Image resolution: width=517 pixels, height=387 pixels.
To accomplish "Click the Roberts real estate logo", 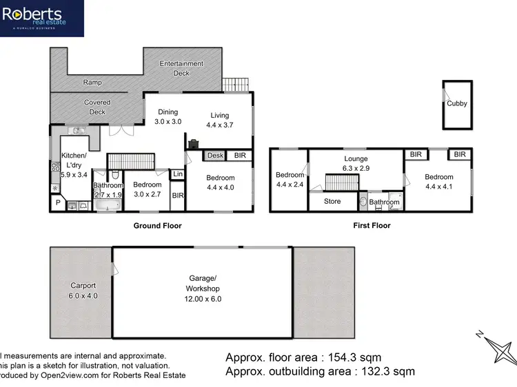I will point(42,18).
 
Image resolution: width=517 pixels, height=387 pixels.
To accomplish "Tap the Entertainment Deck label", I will point(181,67).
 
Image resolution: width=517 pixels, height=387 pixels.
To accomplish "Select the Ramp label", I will point(92,82).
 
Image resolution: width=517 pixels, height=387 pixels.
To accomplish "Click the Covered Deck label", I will point(97,107).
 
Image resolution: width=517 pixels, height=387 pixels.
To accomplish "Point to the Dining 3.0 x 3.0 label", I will point(168,116).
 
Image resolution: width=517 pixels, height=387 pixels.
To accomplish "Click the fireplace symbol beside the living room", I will point(194,143).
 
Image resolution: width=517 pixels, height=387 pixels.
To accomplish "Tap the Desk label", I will point(215,156).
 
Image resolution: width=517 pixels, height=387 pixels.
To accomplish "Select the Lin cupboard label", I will point(178,175).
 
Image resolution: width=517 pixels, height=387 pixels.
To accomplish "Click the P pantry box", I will point(58,203).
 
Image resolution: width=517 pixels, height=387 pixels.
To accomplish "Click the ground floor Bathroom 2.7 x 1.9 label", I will point(108,189).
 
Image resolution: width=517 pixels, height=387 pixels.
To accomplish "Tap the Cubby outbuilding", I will point(457,104).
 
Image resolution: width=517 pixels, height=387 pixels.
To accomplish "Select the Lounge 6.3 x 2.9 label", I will point(356,163).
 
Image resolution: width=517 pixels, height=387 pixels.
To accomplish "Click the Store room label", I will point(332,202).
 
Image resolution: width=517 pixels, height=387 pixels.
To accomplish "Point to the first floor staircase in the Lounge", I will point(341,183).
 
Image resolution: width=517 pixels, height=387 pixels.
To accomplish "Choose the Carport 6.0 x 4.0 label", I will point(83,290).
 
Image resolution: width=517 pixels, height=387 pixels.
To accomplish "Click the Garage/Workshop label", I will point(202,293).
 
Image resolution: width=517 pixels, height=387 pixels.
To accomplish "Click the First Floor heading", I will point(371,225).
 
